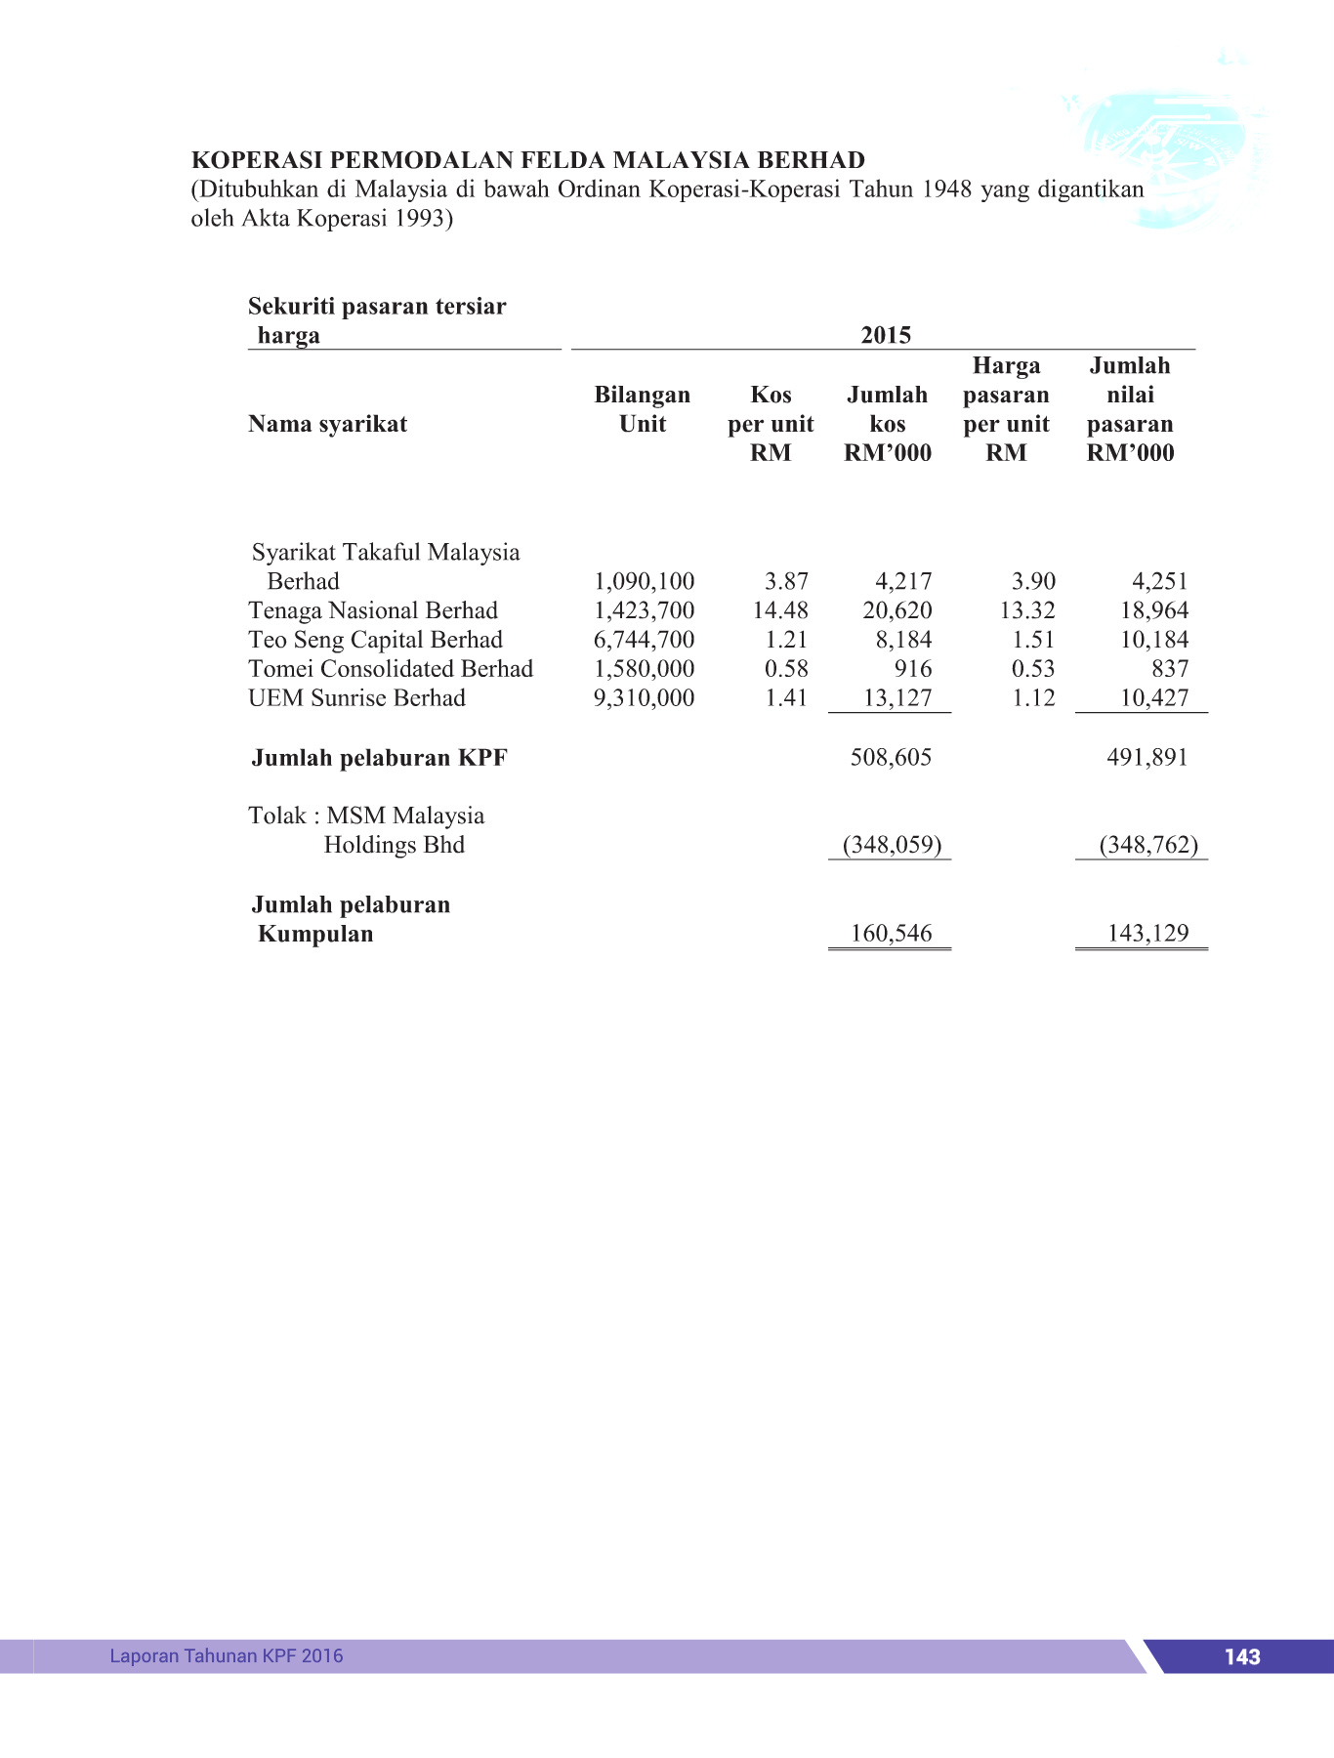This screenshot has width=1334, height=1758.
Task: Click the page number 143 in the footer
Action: click(x=1241, y=1656)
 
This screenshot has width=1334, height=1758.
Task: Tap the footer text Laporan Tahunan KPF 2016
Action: click(x=226, y=1655)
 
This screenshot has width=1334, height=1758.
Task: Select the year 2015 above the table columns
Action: click(x=885, y=335)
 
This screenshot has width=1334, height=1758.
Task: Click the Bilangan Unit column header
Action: click(x=642, y=409)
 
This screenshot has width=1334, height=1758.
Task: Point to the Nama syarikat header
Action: click(x=327, y=424)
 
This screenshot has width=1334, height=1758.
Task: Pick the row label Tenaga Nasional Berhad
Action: click(x=373, y=610)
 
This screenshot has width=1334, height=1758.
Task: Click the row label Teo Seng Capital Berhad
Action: click(x=375, y=640)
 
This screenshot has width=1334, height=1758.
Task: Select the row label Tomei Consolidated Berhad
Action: click(x=391, y=669)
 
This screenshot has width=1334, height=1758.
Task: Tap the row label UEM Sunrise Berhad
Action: click(x=356, y=698)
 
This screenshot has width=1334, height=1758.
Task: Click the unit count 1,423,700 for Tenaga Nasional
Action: click(x=644, y=610)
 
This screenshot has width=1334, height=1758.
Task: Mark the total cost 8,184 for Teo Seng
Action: click(x=903, y=640)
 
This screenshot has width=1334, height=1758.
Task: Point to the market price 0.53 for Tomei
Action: click(x=1033, y=669)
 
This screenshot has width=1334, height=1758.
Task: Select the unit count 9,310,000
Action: click(x=644, y=698)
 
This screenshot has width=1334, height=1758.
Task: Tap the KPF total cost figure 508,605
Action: click(x=891, y=757)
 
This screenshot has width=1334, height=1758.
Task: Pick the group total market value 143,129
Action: click(x=1147, y=933)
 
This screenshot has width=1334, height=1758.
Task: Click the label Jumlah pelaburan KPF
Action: click(x=379, y=758)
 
